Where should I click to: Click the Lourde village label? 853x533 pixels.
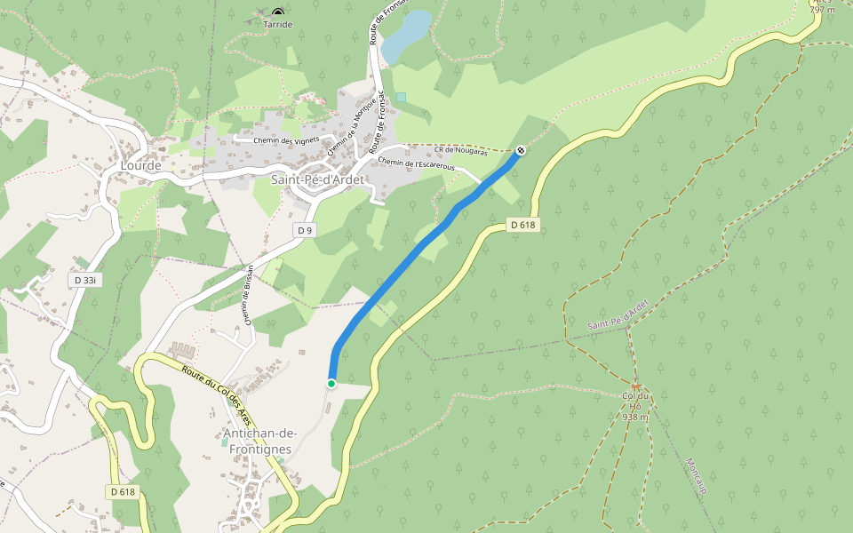click(x=141, y=165)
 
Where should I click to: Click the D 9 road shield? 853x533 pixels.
click(x=305, y=230)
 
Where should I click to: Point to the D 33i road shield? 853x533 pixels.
click(x=84, y=280)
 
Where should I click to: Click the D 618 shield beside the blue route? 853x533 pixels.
click(x=523, y=225)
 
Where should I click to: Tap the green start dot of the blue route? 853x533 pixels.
click(x=331, y=383)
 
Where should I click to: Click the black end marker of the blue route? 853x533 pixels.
click(x=521, y=150)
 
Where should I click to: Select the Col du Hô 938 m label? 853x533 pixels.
click(x=635, y=405)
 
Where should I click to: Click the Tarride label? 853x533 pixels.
click(x=278, y=25)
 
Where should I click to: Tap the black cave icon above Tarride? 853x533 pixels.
click(x=278, y=12)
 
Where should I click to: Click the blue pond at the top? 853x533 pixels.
click(x=405, y=36)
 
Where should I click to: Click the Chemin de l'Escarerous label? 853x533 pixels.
click(x=416, y=163)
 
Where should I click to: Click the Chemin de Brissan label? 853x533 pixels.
click(x=248, y=297)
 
